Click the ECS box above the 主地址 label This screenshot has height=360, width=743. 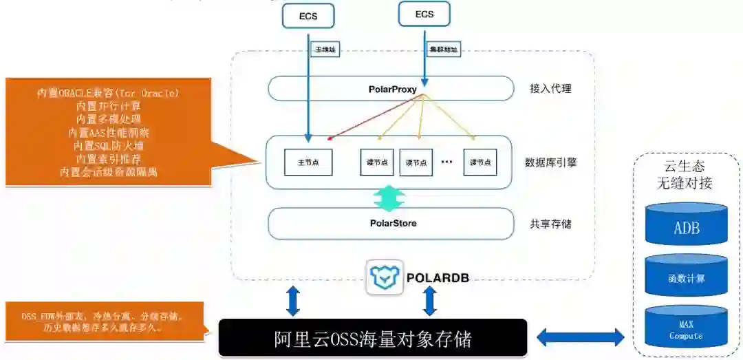point(308,16)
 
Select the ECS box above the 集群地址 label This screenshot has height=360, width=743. point(424,14)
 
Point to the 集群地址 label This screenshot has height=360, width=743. point(444,50)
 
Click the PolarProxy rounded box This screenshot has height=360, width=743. point(391,89)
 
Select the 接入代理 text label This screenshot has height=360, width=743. point(550,89)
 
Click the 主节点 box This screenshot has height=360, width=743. point(308,162)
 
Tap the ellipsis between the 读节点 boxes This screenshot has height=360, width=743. point(446,162)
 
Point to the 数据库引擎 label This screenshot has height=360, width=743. point(550,162)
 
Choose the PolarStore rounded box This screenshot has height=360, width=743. point(391,224)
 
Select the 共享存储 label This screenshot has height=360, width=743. point(550,224)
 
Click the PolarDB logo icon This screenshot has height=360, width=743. point(384,277)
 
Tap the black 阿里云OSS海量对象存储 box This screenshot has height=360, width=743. point(373,337)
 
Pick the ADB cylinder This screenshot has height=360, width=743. point(686,224)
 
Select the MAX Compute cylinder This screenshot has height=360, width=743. point(686,328)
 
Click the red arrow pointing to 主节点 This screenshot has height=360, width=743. point(375,116)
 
